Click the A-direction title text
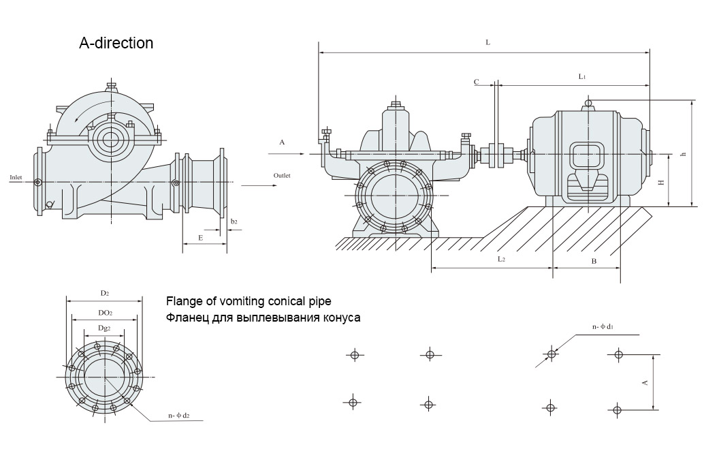point(116,43)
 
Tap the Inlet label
point(16,177)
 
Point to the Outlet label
point(282,175)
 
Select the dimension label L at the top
point(487,42)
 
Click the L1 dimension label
point(582,77)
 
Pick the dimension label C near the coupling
point(477,82)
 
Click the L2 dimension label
point(501,260)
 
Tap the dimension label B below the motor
point(594,261)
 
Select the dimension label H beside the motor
point(660,182)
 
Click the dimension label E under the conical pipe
point(200,238)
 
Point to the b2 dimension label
point(234,221)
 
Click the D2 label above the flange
point(105,293)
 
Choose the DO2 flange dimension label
point(105,312)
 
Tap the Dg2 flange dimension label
point(105,328)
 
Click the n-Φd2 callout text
point(178,415)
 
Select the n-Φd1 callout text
point(603,327)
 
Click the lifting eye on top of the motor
point(589,102)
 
